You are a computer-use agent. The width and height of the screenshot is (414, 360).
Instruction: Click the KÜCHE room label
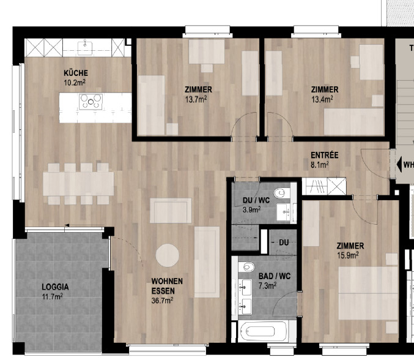click(74, 72)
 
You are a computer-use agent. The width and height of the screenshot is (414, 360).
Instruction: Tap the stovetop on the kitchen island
click(91, 102)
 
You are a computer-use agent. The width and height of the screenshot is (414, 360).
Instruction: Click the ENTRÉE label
click(324, 156)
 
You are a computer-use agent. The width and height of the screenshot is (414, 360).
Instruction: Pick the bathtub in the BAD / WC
click(264, 333)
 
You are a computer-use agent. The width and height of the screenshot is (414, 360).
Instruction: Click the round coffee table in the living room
click(167, 256)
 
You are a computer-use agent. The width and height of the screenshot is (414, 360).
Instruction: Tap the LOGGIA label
click(55, 287)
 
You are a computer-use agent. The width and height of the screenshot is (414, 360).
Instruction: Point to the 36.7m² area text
click(162, 300)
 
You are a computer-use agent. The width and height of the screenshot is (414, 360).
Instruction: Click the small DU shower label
click(283, 242)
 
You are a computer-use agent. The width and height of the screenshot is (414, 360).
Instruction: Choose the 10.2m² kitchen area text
click(74, 81)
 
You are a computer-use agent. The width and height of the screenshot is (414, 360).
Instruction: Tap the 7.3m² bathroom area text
click(268, 285)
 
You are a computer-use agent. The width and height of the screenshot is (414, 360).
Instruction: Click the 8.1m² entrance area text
click(320, 164)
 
